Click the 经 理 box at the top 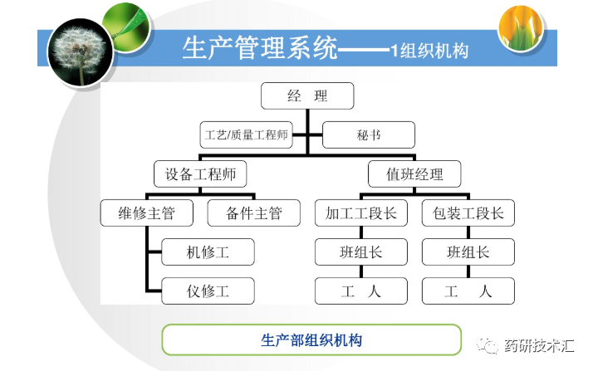click(x=307, y=96)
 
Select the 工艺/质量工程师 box click(x=247, y=134)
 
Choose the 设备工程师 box click(x=200, y=174)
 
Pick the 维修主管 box click(x=149, y=213)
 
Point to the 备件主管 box click(x=254, y=213)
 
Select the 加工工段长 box click(x=361, y=213)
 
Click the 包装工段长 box click(x=468, y=213)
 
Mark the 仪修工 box click(x=208, y=291)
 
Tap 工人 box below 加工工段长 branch click(x=361, y=291)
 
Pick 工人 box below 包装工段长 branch click(x=468, y=291)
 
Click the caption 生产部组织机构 click(x=311, y=340)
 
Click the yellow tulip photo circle click(x=527, y=27)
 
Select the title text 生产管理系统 click(x=260, y=49)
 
